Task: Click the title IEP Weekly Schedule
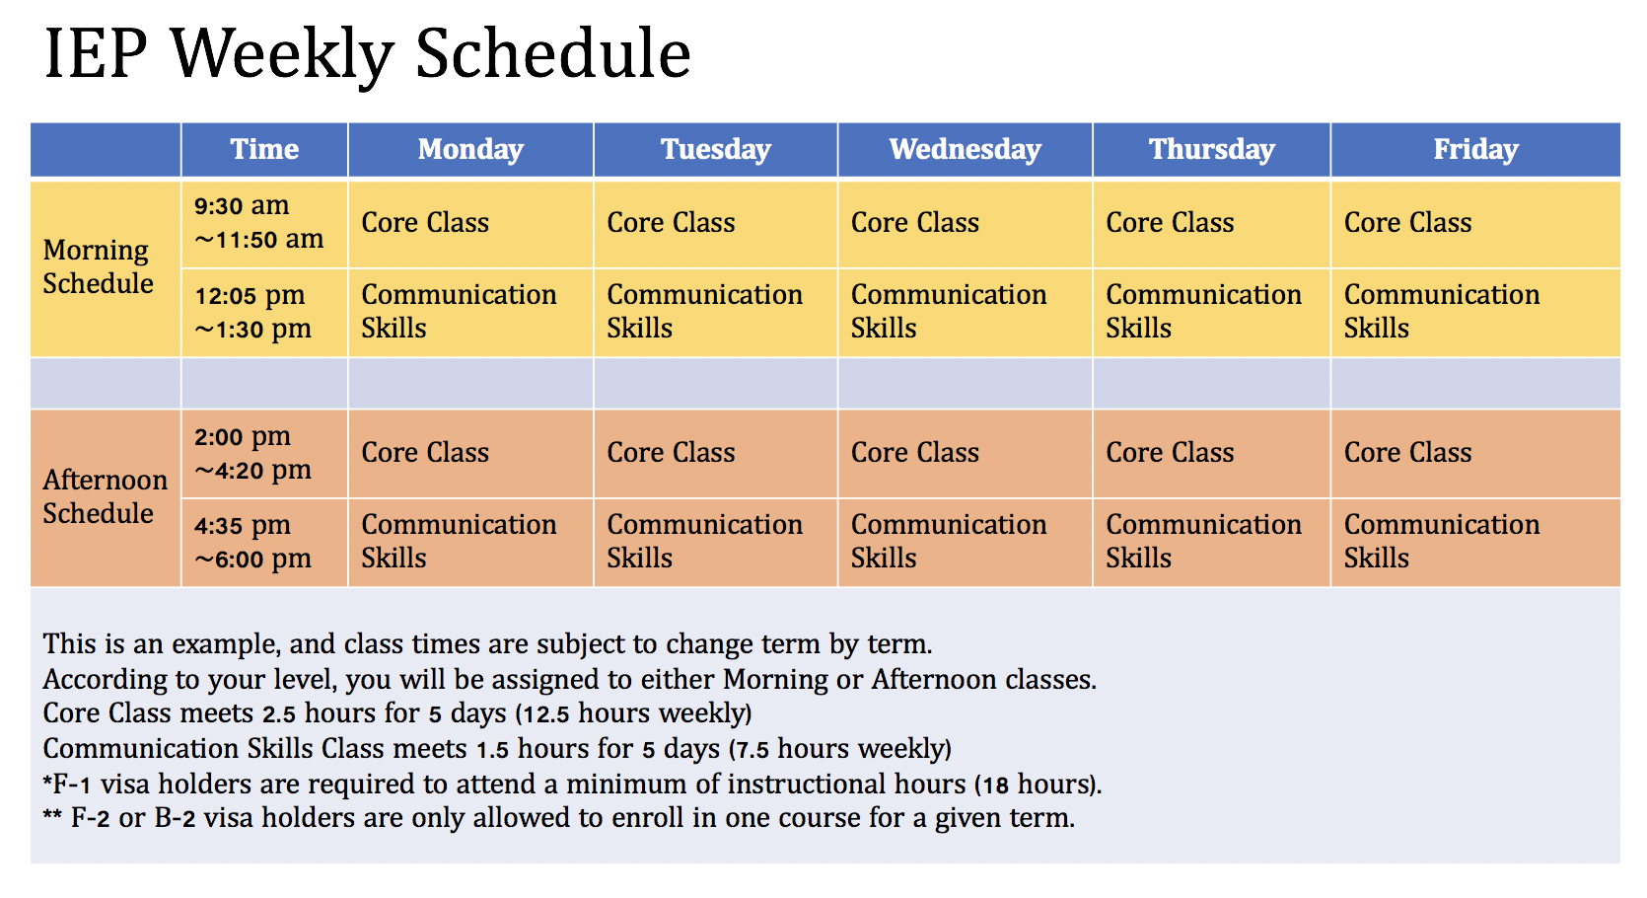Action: [x=367, y=53]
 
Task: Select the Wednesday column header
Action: [x=965, y=149]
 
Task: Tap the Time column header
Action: [x=264, y=149]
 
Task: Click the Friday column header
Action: [x=1474, y=149]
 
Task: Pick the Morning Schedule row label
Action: [x=99, y=267]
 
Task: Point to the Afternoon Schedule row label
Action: [x=105, y=496]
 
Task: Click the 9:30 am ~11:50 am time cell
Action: [x=258, y=222]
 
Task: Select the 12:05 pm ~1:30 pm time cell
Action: [x=252, y=312]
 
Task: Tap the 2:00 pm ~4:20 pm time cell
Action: [x=252, y=453]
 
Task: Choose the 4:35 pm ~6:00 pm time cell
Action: [x=252, y=542]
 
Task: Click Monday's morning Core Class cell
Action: [x=425, y=223]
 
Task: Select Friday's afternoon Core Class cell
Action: [x=1407, y=453]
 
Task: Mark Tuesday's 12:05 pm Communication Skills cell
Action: [x=704, y=312]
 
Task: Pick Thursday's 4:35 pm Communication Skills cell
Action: [x=1203, y=542]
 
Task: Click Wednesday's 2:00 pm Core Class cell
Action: [x=915, y=453]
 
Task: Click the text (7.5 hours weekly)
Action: [x=839, y=749]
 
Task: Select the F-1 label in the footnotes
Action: [x=71, y=785]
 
